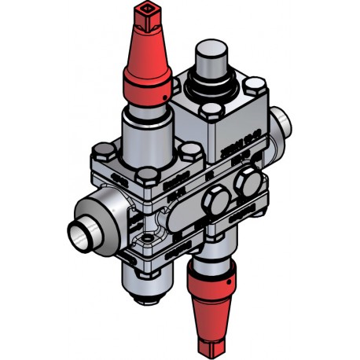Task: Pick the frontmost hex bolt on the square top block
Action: [x=214, y=110]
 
